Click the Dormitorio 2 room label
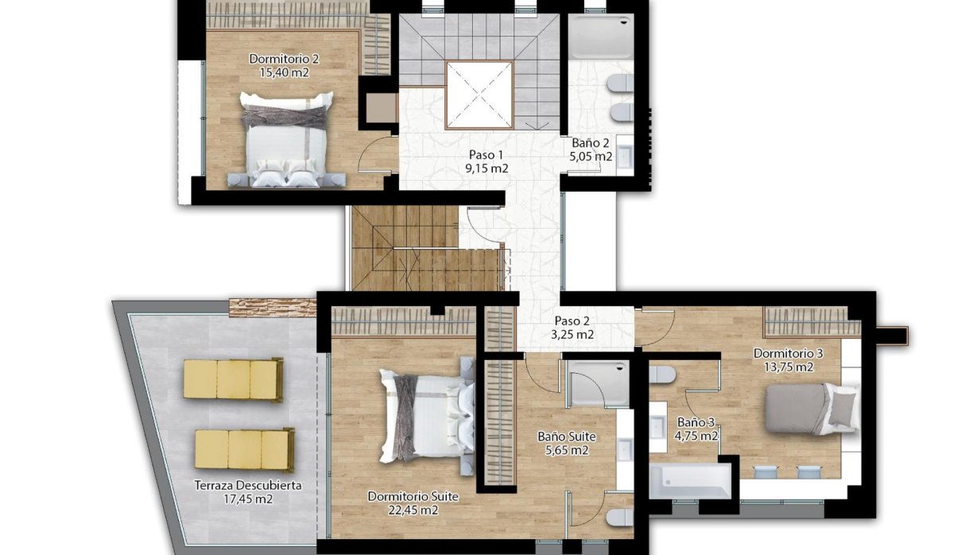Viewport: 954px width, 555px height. (284, 59)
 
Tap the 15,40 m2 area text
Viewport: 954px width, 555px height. (284, 72)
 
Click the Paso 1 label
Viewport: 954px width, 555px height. (486, 155)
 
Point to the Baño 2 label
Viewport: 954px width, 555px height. (591, 144)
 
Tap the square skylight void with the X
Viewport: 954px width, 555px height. (479, 94)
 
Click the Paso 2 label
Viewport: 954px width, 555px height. (572, 321)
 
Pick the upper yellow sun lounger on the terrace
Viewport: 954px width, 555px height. (232, 378)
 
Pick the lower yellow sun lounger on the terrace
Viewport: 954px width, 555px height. (244, 449)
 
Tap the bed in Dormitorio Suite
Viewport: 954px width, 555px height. (425, 415)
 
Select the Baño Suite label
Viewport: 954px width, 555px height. (566, 437)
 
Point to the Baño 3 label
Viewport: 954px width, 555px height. (696, 423)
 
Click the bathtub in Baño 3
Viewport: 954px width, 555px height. (688, 481)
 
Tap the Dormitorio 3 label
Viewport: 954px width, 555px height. (788, 353)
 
